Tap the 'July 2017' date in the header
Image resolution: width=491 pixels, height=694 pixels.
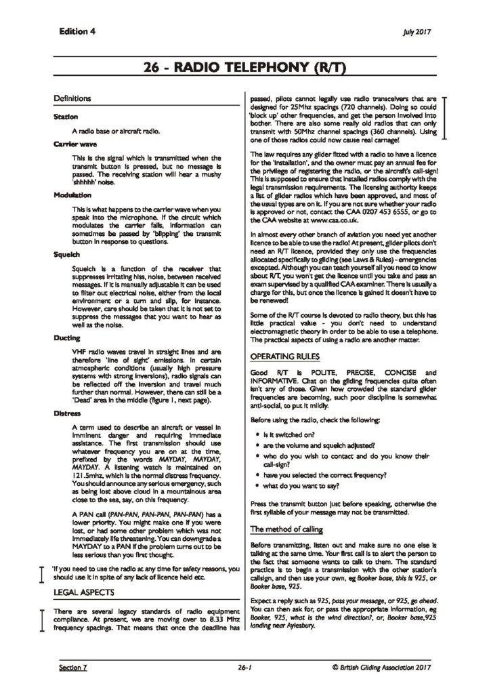point(417,32)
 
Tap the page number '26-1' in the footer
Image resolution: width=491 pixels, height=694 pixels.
point(244,668)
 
